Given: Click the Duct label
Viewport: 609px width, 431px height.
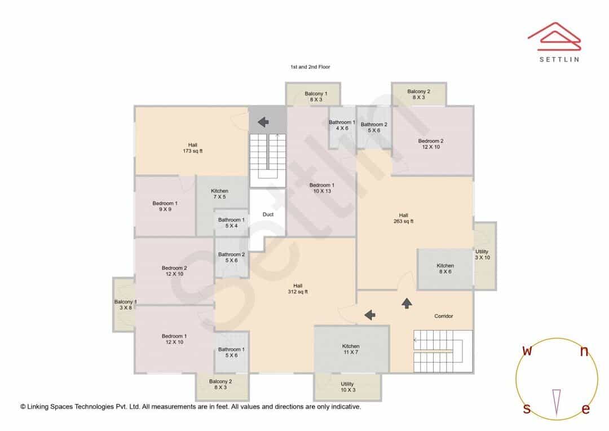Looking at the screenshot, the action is (x=268, y=214).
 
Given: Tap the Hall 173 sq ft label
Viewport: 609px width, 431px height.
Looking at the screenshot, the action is (x=193, y=148).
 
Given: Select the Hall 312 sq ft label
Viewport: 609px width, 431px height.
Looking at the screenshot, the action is (x=298, y=289).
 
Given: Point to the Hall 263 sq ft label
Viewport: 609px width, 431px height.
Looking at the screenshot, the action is (x=404, y=218).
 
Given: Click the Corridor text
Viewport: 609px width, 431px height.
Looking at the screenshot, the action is (x=444, y=316).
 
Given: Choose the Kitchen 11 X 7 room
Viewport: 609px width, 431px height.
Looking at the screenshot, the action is (x=351, y=349).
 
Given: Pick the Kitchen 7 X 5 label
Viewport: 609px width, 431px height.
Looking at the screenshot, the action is (x=219, y=194).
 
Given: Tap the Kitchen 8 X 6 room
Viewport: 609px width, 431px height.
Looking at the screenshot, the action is (x=445, y=269).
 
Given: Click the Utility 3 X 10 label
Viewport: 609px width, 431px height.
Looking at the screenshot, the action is (x=482, y=254).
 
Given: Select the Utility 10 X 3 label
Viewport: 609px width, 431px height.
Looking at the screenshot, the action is (x=347, y=386).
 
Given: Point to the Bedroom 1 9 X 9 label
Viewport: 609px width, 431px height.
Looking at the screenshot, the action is (x=165, y=206).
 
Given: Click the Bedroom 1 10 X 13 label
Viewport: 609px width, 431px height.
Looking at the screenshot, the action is (x=322, y=188).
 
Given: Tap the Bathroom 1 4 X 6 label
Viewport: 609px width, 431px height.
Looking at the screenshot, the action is (x=342, y=125).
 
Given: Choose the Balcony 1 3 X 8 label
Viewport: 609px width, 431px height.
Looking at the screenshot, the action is (x=125, y=305).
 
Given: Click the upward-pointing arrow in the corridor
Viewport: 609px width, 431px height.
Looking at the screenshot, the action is (x=407, y=303).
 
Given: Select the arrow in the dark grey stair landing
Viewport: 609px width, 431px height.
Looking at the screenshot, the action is (x=263, y=122).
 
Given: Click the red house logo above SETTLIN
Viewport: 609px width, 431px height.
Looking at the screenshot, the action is (x=554, y=37).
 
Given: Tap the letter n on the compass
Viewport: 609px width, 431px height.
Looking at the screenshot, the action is (x=584, y=351).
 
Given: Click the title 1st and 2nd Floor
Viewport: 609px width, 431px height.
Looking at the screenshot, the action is (x=310, y=67).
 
